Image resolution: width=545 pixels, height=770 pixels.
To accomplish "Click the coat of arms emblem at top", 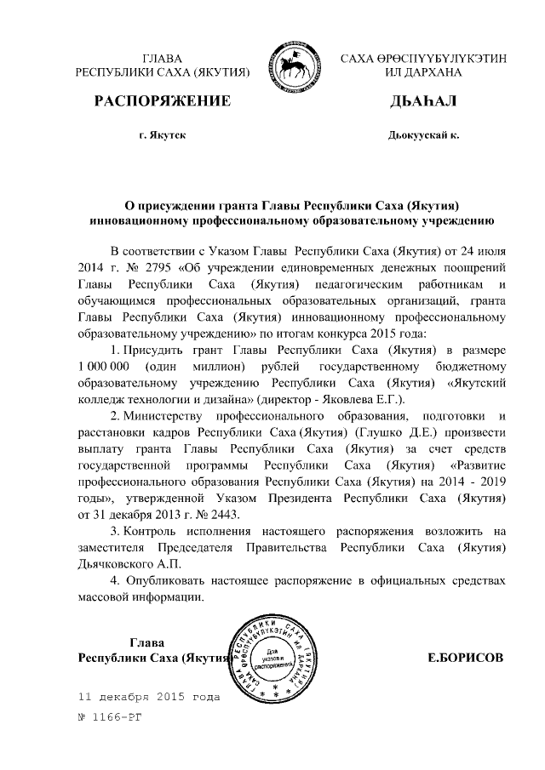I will click(294, 65).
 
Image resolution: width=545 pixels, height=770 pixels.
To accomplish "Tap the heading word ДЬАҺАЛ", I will click(422, 101).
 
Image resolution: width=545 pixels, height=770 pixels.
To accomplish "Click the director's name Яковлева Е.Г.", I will click(370, 399).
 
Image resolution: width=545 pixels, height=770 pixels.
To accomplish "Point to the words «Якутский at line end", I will click(476, 383).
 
